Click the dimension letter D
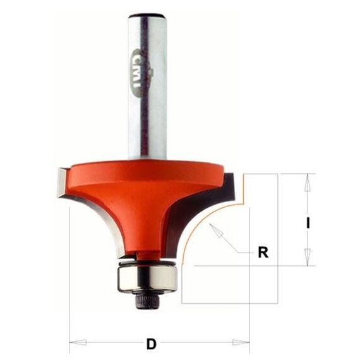[152, 344]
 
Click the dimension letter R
[263, 252]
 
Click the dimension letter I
[308, 223]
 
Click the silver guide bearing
[147, 279]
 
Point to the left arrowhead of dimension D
[78, 342]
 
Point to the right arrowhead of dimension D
[241, 342]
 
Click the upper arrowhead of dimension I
[308, 183]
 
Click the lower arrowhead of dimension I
[308, 257]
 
